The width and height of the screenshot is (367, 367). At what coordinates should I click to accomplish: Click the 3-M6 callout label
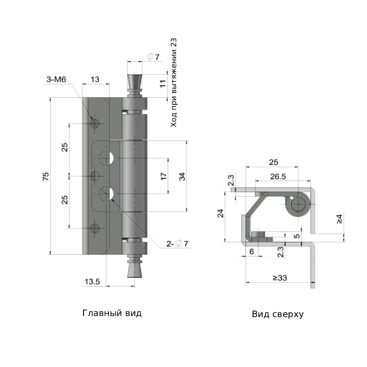56,79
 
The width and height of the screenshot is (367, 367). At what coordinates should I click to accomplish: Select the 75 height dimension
46,176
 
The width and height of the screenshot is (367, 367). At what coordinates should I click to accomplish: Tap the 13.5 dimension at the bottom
92,281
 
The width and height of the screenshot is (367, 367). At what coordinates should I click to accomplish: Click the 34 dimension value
182,177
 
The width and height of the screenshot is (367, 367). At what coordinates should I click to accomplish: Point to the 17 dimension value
164,176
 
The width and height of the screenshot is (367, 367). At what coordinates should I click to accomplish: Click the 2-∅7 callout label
177,244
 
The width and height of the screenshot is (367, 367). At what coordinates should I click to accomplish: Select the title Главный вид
112,313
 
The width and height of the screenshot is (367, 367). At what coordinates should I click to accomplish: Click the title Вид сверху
277,314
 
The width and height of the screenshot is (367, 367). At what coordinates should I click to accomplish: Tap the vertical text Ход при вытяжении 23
174,83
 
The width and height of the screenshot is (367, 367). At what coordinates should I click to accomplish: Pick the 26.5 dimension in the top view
278,177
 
